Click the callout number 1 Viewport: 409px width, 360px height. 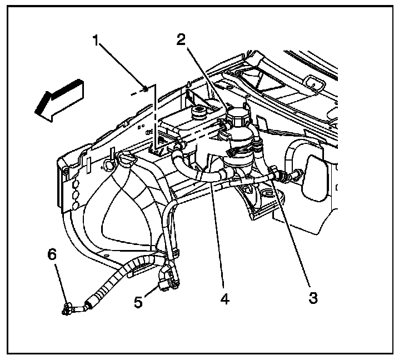tap(97, 42)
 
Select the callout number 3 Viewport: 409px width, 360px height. tap(313, 298)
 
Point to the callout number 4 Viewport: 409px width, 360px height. tap(225, 298)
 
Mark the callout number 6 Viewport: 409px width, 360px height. tap(52, 255)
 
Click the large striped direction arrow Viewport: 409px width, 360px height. tap(59, 101)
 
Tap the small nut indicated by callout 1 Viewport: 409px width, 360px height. tap(145, 87)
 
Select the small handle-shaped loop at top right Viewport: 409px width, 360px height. tap(315, 84)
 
